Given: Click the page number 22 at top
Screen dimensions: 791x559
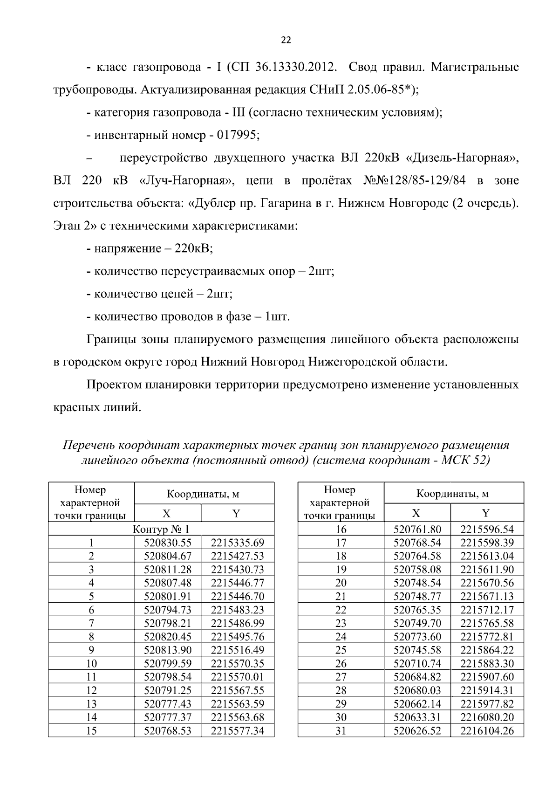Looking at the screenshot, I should point(286,41).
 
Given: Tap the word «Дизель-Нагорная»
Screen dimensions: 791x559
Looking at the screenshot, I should point(463,158).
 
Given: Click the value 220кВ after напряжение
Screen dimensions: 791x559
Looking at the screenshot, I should point(193,248).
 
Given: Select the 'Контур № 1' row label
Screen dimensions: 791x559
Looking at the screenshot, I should point(161,529).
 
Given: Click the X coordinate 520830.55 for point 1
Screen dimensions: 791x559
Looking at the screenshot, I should point(168,543).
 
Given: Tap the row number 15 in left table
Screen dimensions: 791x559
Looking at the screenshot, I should point(91,731).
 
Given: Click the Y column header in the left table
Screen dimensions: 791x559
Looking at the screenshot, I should point(237,514).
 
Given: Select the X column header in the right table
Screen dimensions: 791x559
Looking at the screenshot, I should point(416,514).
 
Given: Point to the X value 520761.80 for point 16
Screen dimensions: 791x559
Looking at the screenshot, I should point(417,529).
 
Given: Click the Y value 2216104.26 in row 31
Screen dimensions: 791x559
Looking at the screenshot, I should point(487,731).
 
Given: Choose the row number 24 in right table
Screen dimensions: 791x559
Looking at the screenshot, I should point(341,637).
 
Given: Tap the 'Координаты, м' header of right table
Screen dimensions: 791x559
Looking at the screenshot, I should point(452,494).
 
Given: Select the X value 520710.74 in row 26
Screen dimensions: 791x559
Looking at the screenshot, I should point(417,664).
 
